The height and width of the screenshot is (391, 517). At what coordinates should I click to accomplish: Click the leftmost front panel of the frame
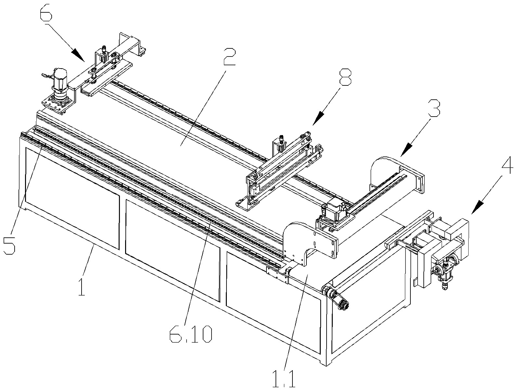pos(72,198)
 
